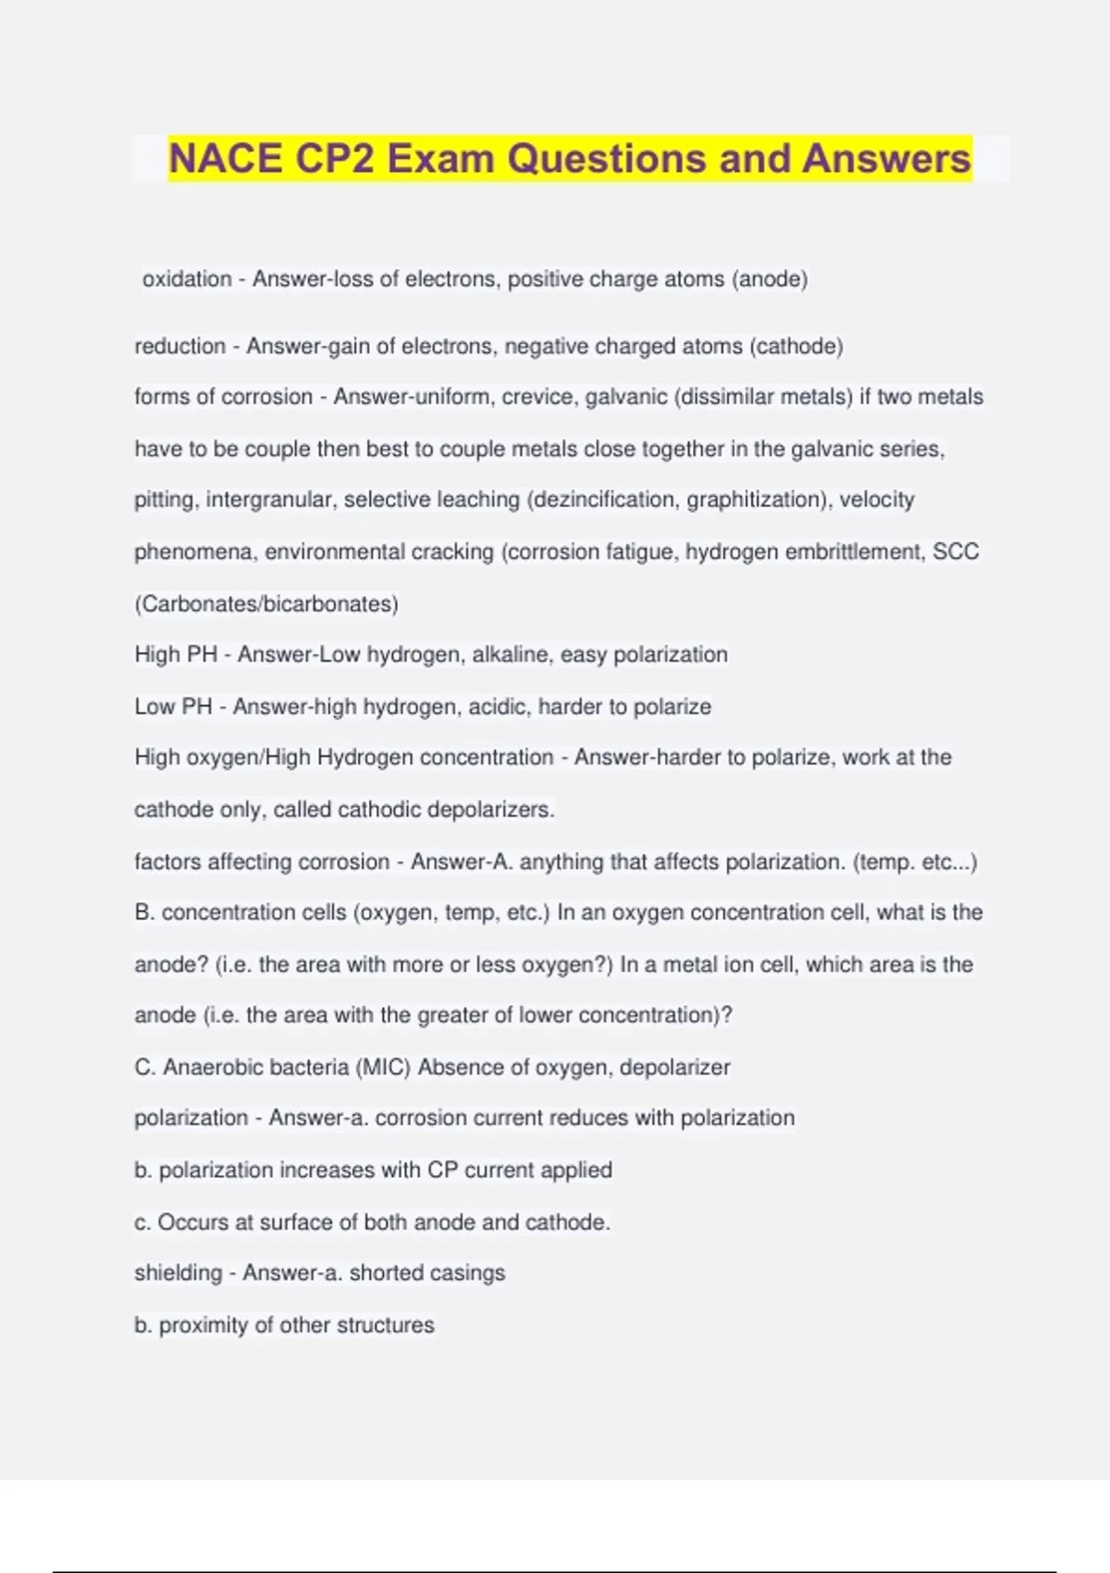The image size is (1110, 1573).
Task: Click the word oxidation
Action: pos(187,279)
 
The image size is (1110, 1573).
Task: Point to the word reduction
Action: pos(180,346)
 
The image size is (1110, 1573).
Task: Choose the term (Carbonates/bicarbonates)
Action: pos(266,603)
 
